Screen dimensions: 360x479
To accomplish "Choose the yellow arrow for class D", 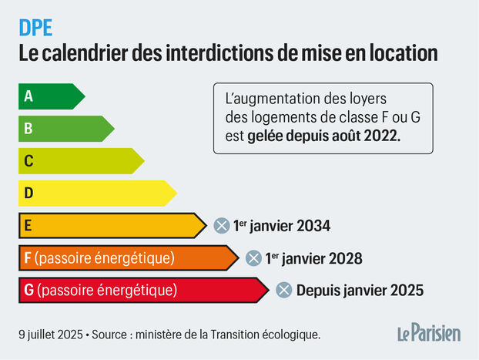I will [x=96, y=193].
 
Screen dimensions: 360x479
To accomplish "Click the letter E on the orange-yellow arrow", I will [x=28, y=225].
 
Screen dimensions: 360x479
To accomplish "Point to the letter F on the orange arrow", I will [x=28, y=257].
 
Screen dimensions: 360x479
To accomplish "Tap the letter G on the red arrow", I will [x=29, y=290].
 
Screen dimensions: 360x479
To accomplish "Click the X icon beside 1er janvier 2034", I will [x=221, y=226].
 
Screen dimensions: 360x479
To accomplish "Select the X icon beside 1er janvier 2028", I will [x=253, y=258].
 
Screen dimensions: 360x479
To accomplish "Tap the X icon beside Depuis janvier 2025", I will [x=283, y=291].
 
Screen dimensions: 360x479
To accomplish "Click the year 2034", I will [x=313, y=226].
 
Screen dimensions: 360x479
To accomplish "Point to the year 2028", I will [x=346, y=258].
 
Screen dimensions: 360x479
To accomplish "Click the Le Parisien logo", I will [x=429, y=333].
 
